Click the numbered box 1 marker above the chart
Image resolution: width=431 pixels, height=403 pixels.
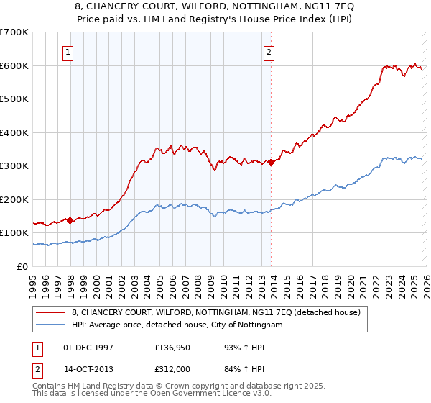pyautogui.click(x=67, y=51)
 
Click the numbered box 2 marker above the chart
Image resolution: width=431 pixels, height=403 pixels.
pyautogui.click(x=269, y=51)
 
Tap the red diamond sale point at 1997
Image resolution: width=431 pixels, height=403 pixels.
pyautogui.click(x=70, y=221)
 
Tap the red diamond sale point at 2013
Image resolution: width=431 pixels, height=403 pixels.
pyautogui.click(x=271, y=163)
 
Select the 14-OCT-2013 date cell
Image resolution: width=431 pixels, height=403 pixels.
pyautogui.click(x=88, y=370)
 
